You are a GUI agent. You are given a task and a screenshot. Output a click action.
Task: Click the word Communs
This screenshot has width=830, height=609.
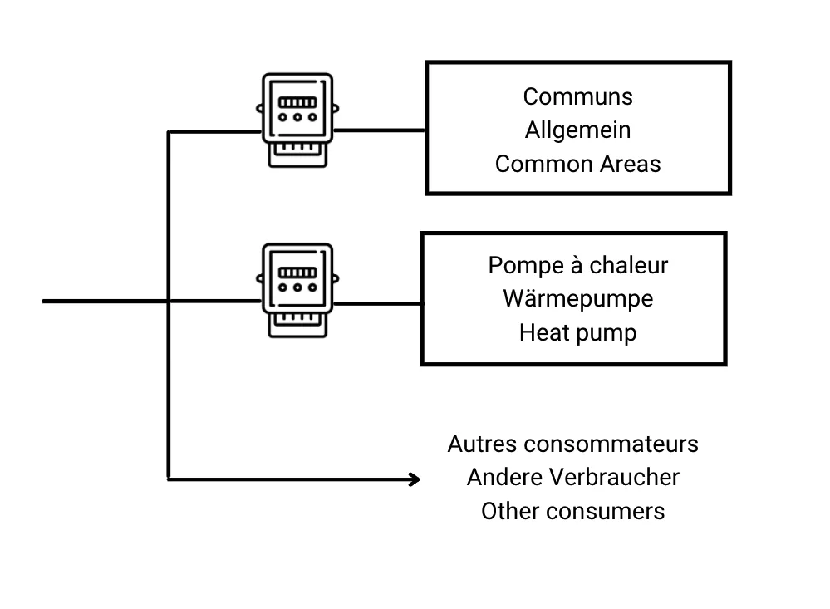click(577, 96)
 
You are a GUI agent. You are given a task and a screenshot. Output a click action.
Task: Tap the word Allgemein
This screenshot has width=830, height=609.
click(577, 130)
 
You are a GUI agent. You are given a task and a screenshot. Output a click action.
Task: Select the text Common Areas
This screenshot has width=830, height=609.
click(577, 164)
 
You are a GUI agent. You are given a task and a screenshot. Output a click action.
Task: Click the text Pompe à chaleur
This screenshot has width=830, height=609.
click(577, 265)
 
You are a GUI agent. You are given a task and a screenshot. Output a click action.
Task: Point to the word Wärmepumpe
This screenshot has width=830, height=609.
click(577, 298)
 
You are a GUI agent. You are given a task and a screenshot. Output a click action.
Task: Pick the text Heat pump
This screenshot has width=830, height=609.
click(577, 332)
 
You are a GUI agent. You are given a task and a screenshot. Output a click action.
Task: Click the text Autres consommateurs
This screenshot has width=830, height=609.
click(572, 444)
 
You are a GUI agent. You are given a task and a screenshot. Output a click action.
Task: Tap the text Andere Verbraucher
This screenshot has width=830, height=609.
click(572, 478)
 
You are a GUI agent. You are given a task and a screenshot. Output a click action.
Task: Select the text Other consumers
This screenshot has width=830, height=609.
click(572, 511)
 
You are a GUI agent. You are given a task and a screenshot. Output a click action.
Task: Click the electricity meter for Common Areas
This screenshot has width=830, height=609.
click(297, 120)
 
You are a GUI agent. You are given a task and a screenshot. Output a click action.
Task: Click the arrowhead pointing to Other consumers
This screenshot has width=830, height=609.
click(414, 479)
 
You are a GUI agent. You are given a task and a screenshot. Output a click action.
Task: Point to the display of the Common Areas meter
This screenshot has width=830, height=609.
click(297, 103)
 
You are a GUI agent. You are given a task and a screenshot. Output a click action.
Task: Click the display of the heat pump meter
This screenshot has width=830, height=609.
click(297, 272)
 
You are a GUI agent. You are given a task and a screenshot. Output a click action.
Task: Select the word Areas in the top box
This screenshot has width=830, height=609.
click(630, 164)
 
